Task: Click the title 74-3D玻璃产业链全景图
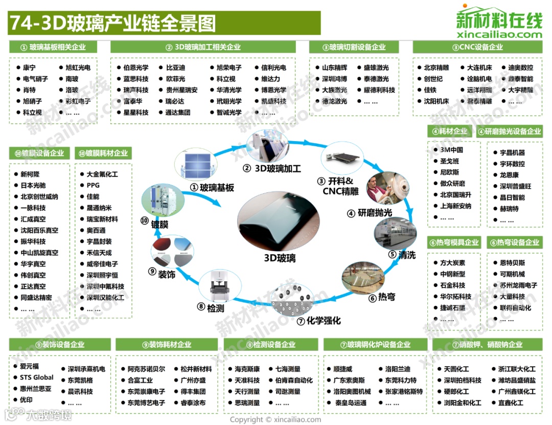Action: tap(113, 24)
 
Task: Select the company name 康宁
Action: tap(30, 68)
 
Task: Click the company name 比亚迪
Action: tap(175, 68)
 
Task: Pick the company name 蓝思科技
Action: tap(135, 79)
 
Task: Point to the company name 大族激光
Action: tap(334, 90)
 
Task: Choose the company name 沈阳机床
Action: tap(436, 101)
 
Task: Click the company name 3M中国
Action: tap(451, 150)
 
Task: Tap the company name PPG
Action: tap(93, 185)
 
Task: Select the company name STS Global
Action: tap(37, 377)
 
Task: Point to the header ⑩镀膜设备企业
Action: tap(39, 153)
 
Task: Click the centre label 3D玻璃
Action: tap(280, 258)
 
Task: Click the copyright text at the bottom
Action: tap(275, 419)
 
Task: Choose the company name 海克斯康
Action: tap(247, 369)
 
